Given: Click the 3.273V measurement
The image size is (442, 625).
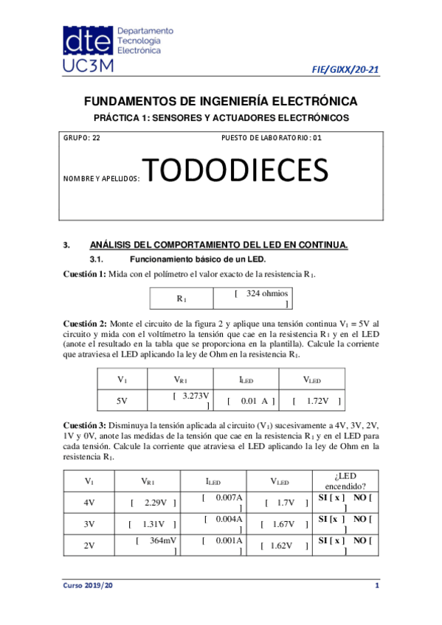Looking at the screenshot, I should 190,397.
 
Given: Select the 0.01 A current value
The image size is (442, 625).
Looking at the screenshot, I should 253,401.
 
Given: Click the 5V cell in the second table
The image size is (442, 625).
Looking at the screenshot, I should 122,401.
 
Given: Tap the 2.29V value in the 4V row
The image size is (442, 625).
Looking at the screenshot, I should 153,503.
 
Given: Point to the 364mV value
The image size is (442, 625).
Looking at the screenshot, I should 156,541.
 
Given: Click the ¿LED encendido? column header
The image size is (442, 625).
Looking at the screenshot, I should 345,481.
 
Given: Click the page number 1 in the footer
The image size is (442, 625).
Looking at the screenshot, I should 376,585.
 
